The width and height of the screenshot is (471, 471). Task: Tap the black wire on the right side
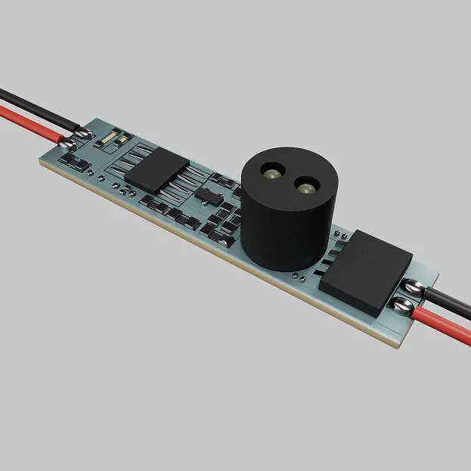(x=450, y=292)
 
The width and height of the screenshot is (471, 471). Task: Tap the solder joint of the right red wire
(x=404, y=305)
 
